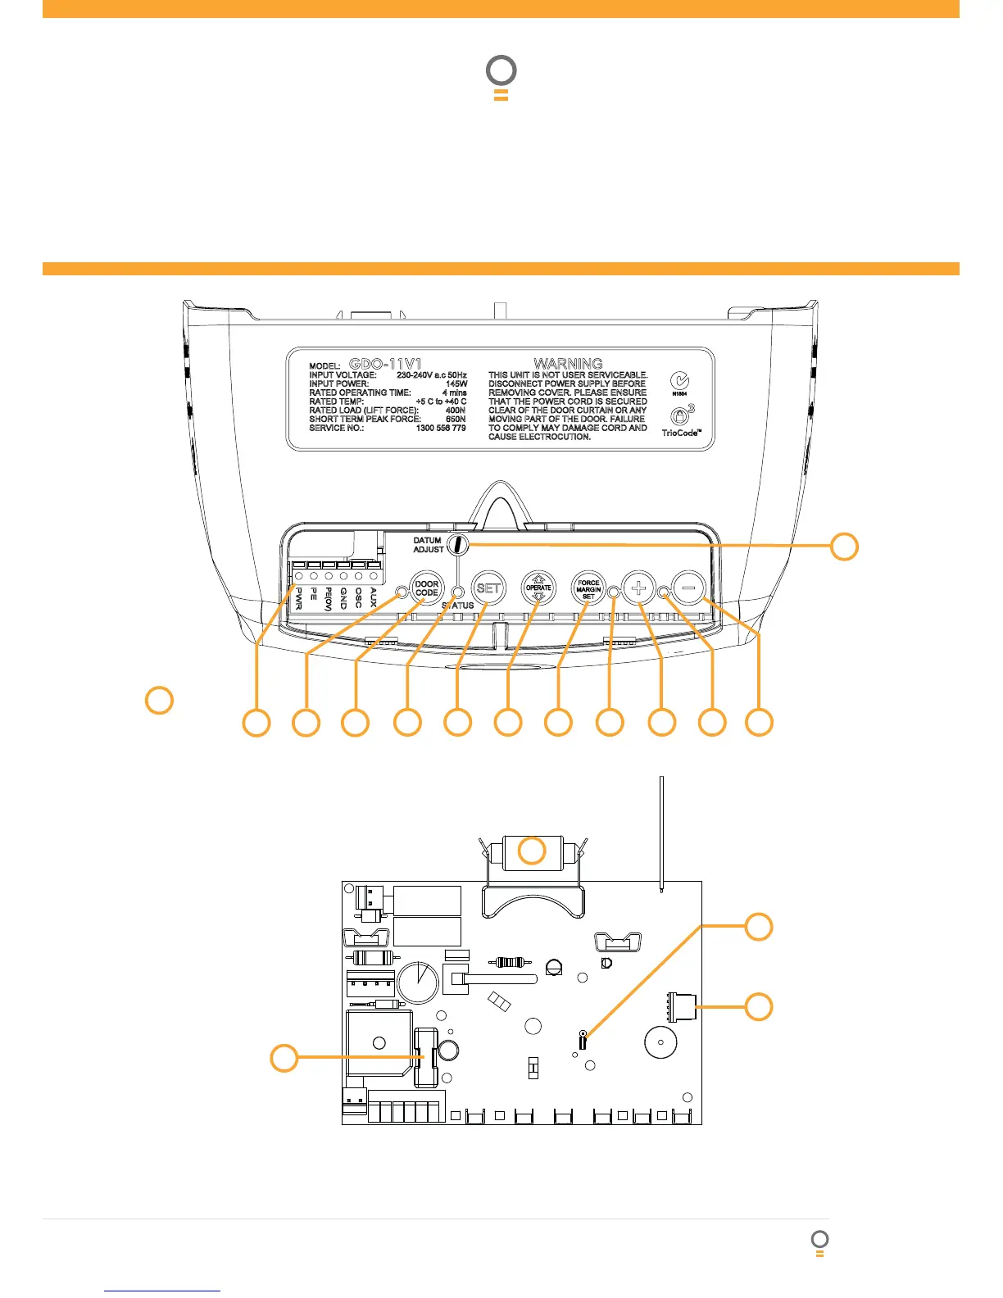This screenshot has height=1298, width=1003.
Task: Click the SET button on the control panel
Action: point(488,588)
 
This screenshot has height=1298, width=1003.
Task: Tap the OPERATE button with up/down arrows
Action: point(538,588)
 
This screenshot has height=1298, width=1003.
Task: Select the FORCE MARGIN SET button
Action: point(588,588)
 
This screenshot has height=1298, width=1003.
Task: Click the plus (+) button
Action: point(639,588)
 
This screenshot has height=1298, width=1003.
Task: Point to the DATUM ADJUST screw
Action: point(458,544)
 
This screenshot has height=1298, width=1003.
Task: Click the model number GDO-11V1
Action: point(385,364)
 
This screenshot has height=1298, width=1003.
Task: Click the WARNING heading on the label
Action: point(568,363)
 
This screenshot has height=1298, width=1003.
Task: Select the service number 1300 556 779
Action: point(441,428)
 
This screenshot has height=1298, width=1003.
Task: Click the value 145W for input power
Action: point(456,383)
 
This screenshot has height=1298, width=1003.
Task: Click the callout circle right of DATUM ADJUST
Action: point(845,546)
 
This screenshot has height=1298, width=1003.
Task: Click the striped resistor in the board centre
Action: point(509,961)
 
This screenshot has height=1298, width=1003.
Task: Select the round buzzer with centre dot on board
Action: point(660,1042)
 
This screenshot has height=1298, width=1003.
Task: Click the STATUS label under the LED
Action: point(458,606)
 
